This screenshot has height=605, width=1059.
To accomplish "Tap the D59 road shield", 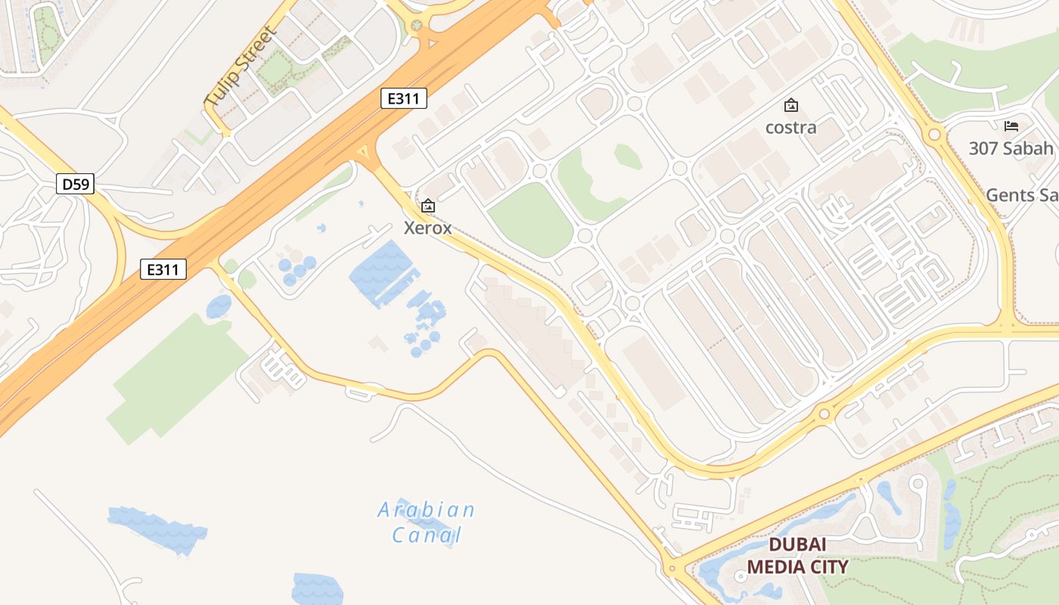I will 75,184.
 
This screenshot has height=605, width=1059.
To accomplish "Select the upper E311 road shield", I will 404,98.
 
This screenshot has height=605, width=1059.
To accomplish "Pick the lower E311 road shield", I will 163,269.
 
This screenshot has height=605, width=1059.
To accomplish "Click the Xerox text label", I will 428,228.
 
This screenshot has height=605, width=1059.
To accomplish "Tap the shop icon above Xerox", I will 428,205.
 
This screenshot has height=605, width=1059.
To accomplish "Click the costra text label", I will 791,127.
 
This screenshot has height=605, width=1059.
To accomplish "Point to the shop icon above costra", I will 791,105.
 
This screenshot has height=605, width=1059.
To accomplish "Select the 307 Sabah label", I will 1012,148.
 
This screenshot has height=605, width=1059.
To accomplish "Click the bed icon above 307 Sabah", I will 1011,126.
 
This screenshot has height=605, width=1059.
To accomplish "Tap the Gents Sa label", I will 1021,195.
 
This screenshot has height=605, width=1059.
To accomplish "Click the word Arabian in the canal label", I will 427,510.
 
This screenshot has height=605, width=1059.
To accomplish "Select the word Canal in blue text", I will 427,535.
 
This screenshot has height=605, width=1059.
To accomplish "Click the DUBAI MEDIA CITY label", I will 797,556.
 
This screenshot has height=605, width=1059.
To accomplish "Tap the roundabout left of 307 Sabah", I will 934,135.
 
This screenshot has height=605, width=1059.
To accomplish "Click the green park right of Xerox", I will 532,219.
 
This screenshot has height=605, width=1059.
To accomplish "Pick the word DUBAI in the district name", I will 797,545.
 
